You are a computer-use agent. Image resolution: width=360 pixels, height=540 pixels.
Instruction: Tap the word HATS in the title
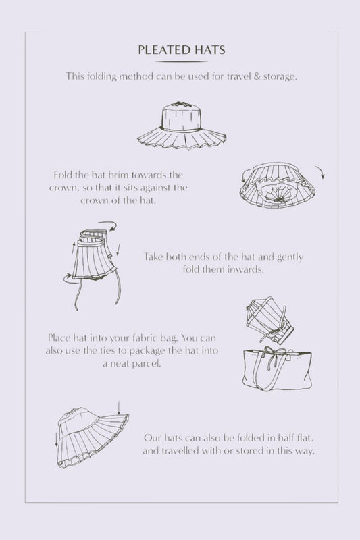point(209,50)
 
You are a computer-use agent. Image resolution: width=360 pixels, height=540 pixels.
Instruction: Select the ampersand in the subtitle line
point(257,76)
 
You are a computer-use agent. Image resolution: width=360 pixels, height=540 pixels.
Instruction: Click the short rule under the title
point(182,61)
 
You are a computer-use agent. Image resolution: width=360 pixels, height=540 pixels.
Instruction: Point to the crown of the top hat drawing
point(181,116)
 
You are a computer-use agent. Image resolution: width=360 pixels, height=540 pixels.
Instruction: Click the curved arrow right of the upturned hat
point(321,171)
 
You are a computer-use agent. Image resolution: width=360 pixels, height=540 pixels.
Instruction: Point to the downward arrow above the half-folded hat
point(118,408)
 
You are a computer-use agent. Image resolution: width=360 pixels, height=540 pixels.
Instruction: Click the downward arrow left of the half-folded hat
point(57,439)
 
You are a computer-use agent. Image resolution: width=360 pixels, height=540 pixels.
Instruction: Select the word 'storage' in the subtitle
point(280,76)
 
